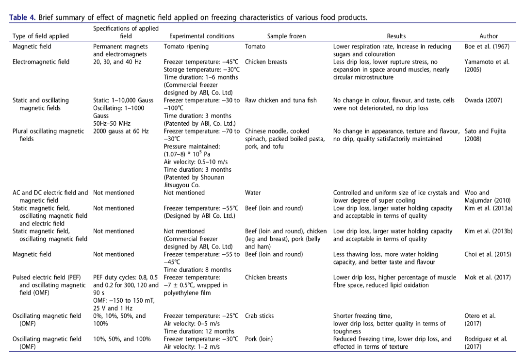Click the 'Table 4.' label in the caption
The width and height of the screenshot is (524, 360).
click(x=22, y=18)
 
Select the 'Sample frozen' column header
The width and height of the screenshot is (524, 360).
click(x=286, y=36)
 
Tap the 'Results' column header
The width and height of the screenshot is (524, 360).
click(x=396, y=36)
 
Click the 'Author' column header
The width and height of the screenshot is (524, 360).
click(x=488, y=36)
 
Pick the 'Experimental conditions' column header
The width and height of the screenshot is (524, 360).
click(x=201, y=36)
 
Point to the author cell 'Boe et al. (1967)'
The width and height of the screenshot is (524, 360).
click(x=487, y=47)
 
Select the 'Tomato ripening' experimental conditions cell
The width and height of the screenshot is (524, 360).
click(x=186, y=47)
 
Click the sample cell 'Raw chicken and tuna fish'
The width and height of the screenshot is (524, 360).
click(x=281, y=100)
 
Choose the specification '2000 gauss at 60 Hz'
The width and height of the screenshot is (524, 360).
click(x=121, y=131)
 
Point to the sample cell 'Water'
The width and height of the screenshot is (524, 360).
click(x=253, y=193)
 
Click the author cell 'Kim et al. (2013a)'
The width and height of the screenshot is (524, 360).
click(x=488, y=208)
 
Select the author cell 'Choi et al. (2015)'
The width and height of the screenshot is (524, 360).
click(x=488, y=254)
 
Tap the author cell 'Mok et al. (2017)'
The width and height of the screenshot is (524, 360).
click(x=487, y=278)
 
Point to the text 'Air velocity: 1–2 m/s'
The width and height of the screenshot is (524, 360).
click(x=194, y=347)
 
